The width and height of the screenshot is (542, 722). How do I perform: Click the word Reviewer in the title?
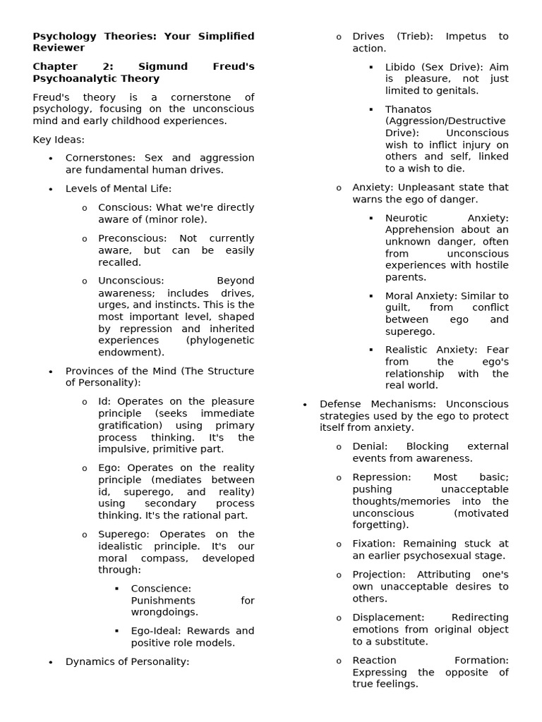[x=59, y=48]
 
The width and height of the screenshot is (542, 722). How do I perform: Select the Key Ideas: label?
[x=59, y=140]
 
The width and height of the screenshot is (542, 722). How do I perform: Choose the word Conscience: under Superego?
[x=161, y=588]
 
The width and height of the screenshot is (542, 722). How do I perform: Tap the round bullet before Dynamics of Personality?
[x=51, y=662]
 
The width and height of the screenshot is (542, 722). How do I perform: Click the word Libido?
[x=401, y=67]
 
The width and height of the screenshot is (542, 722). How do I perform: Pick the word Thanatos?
[x=408, y=109]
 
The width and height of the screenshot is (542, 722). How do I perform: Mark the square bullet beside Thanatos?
[x=371, y=109]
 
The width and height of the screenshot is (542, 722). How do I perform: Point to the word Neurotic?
[x=407, y=219]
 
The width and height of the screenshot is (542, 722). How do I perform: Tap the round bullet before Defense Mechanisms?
[x=305, y=405]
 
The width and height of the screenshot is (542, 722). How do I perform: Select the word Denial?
[x=369, y=446]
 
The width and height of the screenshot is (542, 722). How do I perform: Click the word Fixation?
[x=373, y=544]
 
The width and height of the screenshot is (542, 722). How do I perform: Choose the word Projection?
[x=378, y=575]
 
